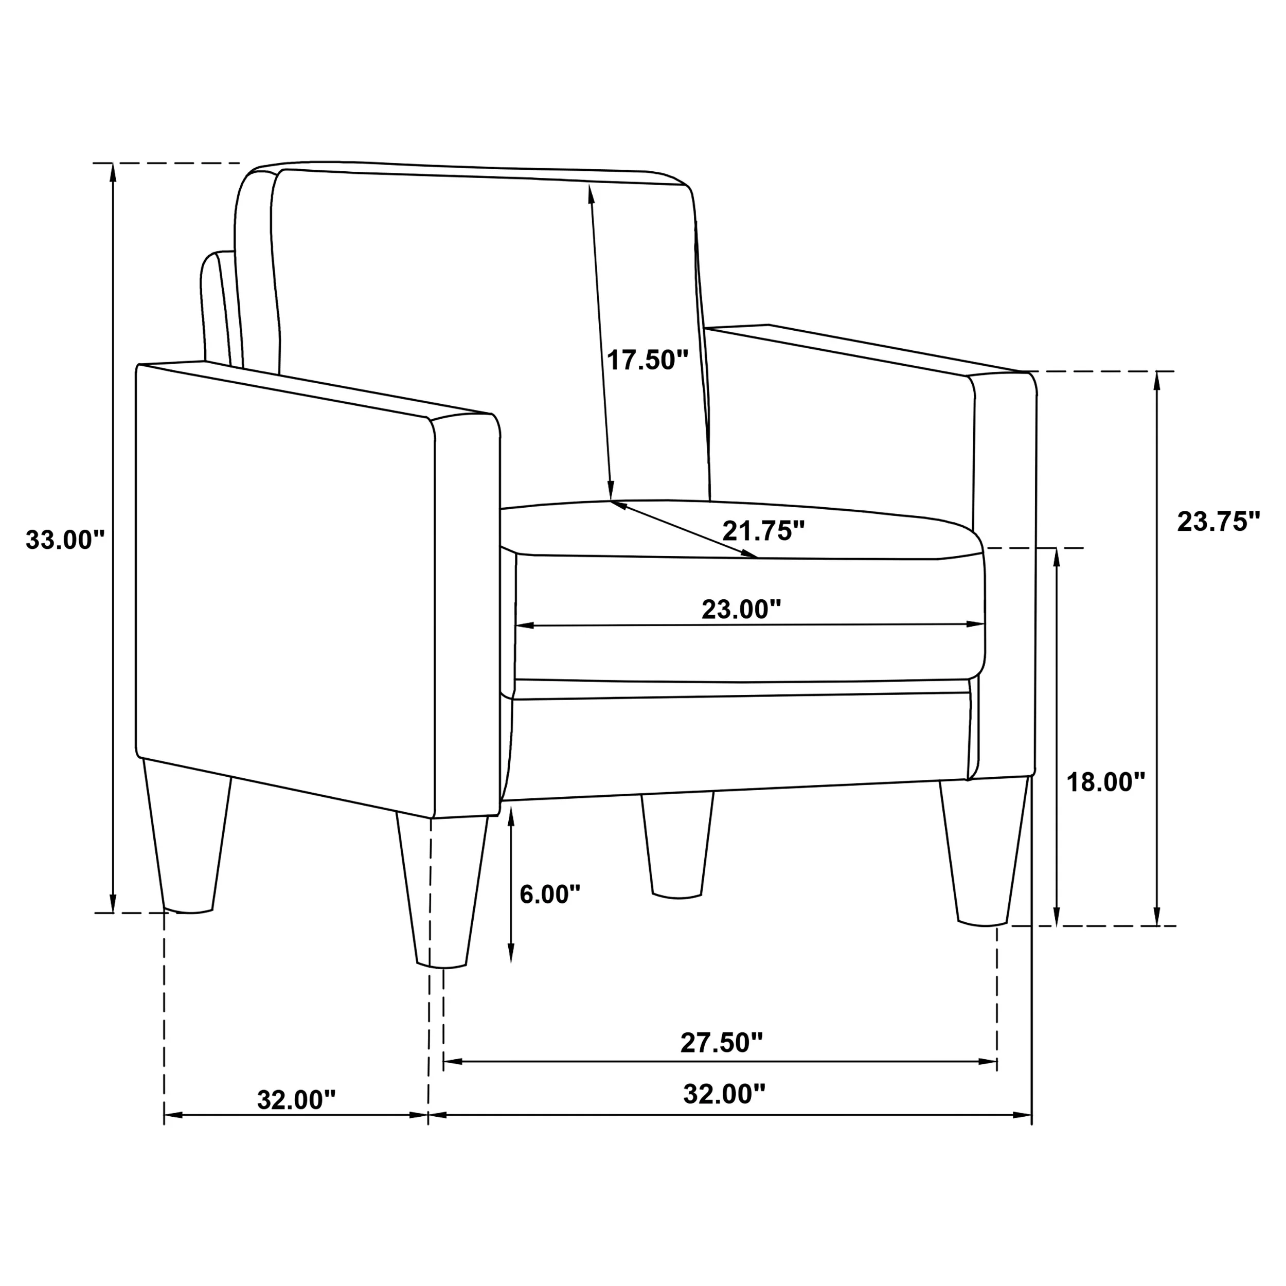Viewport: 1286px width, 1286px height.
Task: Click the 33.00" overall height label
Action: [x=65, y=539]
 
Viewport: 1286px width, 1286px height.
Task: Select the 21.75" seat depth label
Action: [x=763, y=530]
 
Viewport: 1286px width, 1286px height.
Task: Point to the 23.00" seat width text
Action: [x=741, y=609]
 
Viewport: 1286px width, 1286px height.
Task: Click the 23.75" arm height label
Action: [x=1219, y=521]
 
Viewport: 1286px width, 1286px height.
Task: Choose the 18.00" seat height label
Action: [x=1105, y=782]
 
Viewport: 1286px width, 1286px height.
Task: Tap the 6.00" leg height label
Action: [x=550, y=894]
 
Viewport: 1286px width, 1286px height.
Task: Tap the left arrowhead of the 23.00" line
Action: [x=524, y=626]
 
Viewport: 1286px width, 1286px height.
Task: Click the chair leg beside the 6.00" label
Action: [x=442, y=892]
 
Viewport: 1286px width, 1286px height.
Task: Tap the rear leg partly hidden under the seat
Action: [x=677, y=845]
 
